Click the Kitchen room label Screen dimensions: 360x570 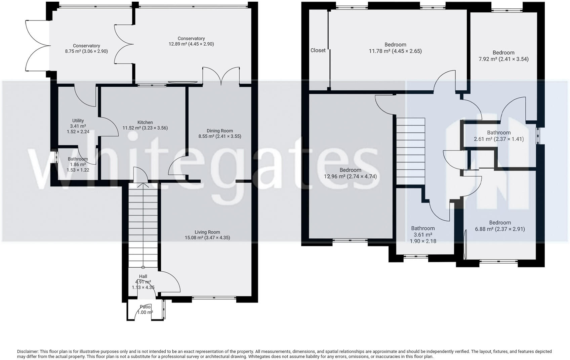click(x=145, y=123)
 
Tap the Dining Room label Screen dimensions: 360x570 click(x=219, y=131)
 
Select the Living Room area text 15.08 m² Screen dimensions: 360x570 click(x=207, y=238)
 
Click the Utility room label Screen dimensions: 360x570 click(x=78, y=121)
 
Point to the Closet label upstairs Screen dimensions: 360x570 click(x=318, y=50)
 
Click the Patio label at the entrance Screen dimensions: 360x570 click(x=145, y=307)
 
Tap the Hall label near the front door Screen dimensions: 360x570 click(x=143, y=276)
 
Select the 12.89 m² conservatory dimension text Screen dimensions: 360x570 click(x=191, y=44)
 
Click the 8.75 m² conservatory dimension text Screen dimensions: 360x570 click(x=86, y=51)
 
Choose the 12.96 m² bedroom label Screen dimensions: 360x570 click(x=350, y=170)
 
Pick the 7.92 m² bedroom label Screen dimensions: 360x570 click(x=503, y=53)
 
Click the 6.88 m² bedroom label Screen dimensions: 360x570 click(x=500, y=223)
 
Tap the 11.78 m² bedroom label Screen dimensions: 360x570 click(x=395, y=45)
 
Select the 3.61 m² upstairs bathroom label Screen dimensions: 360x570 click(x=423, y=228)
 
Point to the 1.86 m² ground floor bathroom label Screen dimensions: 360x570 click(x=78, y=159)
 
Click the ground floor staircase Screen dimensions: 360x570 click(x=143, y=225)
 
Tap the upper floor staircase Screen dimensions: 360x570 click(x=411, y=151)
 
